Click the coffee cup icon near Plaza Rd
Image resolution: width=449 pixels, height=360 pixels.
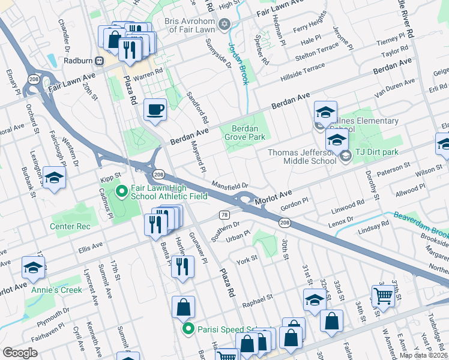(x=155, y=110)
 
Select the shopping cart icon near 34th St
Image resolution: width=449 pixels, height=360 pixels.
(x=383, y=294)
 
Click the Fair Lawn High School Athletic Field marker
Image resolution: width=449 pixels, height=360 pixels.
(x=121, y=192)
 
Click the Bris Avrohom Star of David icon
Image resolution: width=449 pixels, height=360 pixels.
(x=224, y=24)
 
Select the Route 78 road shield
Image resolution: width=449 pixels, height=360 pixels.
(x=223, y=215)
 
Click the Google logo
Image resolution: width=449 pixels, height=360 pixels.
(x=20, y=353)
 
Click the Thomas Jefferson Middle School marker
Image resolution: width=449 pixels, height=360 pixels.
(x=345, y=157)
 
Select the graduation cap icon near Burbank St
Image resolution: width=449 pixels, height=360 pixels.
(x=54, y=178)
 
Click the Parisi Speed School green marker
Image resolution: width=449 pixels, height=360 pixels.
(x=188, y=329)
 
